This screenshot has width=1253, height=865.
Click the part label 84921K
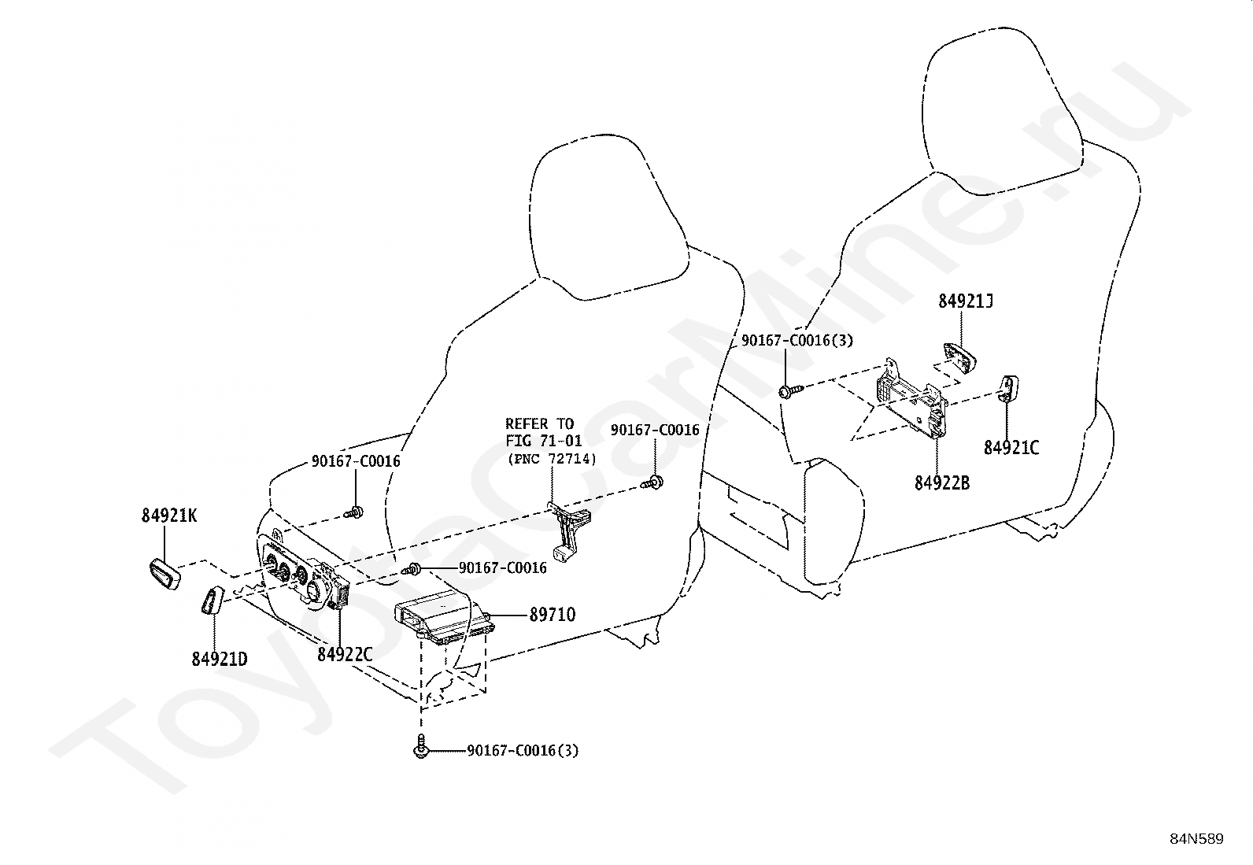click(169, 516)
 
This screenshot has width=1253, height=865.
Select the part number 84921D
click(220, 659)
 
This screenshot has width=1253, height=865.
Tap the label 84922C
click(345, 654)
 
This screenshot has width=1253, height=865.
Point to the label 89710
click(552, 615)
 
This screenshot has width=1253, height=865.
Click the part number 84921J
click(966, 301)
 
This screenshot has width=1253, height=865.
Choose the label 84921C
click(1011, 448)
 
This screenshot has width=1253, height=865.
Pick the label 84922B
click(942, 482)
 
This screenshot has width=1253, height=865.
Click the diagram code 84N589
click(1196, 839)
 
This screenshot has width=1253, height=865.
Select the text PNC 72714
click(552, 459)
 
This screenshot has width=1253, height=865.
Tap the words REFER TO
click(540, 423)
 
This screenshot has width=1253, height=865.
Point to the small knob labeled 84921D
click(211, 601)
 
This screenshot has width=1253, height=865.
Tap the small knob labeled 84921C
click(1008, 388)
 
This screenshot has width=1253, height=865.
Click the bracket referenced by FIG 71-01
click(570, 532)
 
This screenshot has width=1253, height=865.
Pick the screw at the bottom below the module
click(420, 747)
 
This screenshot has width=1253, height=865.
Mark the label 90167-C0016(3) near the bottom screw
click(523, 751)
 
